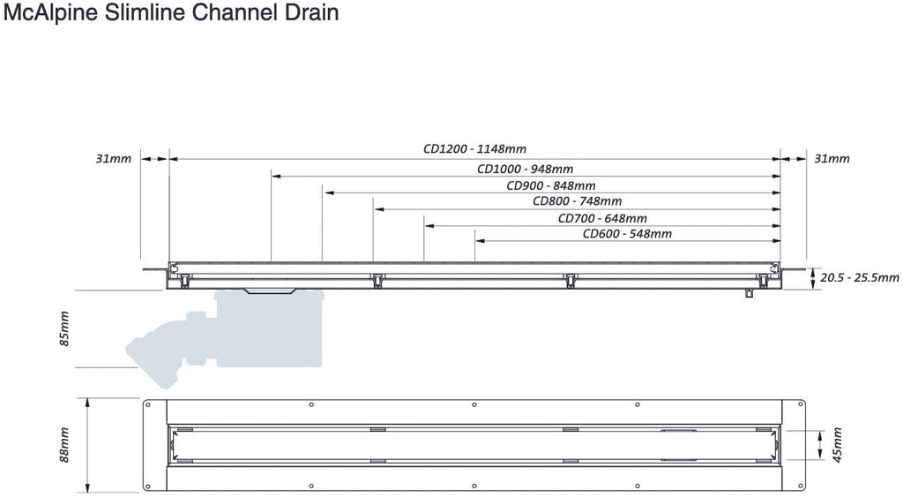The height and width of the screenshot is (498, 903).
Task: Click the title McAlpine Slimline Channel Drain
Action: pyautogui.click(x=171, y=12)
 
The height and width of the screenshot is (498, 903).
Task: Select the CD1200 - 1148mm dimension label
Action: pyautogui.click(x=474, y=148)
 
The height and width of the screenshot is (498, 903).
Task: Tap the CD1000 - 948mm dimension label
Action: pyautogui.click(x=526, y=169)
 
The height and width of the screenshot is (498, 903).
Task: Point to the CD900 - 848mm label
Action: pyautogui.click(x=551, y=185)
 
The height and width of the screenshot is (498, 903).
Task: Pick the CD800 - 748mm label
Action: pyautogui.click(x=577, y=201)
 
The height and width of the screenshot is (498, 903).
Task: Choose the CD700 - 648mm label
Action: pyautogui.click(x=602, y=218)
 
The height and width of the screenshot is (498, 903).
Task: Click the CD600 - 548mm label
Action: pyautogui.click(x=627, y=233)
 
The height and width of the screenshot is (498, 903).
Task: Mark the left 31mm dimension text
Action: pyautogui.click(x=114, y=159)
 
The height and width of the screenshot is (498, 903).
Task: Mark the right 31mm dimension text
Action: pyautogui.click(x=832, y=159)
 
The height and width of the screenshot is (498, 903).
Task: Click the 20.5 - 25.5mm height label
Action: pyautogui.click(x=859, y=278)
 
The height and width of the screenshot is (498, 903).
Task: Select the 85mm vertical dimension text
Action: pyautogui.click(x=63, y=328)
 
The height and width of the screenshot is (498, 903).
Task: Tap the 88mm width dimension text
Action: pyautogui.click(x=63, y=444)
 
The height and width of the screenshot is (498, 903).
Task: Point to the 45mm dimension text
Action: pyautogui.click(x=838, y=444)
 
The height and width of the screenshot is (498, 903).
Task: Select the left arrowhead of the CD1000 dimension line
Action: pyautogui.click(x=276, y=176)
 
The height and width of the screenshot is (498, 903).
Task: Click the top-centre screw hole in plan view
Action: pyautogui.click(x=474, y=404)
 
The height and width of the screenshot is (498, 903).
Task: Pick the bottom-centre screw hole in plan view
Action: pyautogui.click(x=474, y=486)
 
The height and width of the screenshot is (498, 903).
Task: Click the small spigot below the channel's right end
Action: pyautogui.click(x=749, y=293)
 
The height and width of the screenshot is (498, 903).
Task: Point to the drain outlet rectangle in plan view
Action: pyautogui.click(x=678, y=444)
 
